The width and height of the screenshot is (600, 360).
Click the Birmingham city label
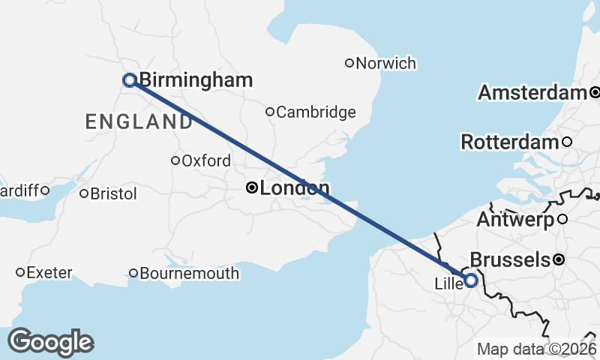pos(195,80)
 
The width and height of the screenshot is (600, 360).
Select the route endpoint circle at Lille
pos(471,280)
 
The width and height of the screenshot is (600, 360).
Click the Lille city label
pos(448,284)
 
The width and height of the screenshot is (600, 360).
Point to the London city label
pos(294,188)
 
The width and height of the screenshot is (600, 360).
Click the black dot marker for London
pos(253,187)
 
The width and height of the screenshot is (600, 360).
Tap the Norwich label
pos(385,64)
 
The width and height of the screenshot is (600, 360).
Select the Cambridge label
pos(316,112)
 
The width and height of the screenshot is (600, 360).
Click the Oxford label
pos(206,160)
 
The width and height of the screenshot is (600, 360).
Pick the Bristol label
pos(113,194)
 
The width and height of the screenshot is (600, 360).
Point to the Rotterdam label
pos(509,142)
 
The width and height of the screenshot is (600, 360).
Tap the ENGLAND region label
pos(139,121)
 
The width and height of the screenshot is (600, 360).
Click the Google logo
pos(50,342)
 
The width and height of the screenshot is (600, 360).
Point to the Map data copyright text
pos(538,349)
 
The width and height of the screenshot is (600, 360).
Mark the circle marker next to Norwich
pos(349,63)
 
